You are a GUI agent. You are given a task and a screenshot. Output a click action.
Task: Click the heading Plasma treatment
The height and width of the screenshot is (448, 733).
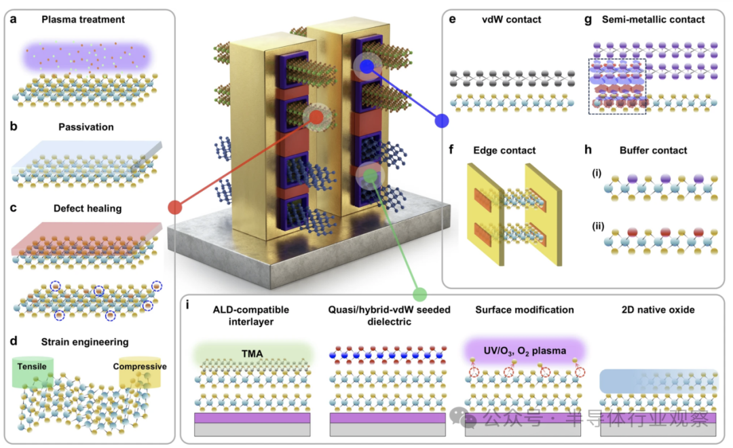pyautogui.click(x=83, y=20)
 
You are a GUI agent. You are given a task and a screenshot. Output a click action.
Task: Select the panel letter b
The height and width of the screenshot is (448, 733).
pyautogui.click(x=14, y=127)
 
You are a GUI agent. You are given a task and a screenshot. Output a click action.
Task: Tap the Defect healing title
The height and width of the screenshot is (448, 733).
pyautogui.click(x=87, y=208)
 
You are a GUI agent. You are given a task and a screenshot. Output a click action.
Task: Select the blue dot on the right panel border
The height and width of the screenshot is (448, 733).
pyautogui.click(x=442, y=121)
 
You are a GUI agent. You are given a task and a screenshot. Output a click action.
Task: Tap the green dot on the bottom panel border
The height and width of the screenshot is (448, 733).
pyautogui.click(x=419, y=294)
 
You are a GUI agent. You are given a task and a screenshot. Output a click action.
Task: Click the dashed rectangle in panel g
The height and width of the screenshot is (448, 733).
pyautogui.click(x=616, y=86)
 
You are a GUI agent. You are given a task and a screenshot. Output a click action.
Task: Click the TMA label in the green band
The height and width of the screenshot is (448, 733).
pyautogui.click(x=252, y=352)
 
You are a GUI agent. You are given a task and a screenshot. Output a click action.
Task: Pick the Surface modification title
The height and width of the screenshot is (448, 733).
pyautogui.click(x=524, y=310)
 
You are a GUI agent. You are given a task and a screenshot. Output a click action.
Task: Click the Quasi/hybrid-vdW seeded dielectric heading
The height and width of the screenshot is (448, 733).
pyautogui.click(x=386, y=316)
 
